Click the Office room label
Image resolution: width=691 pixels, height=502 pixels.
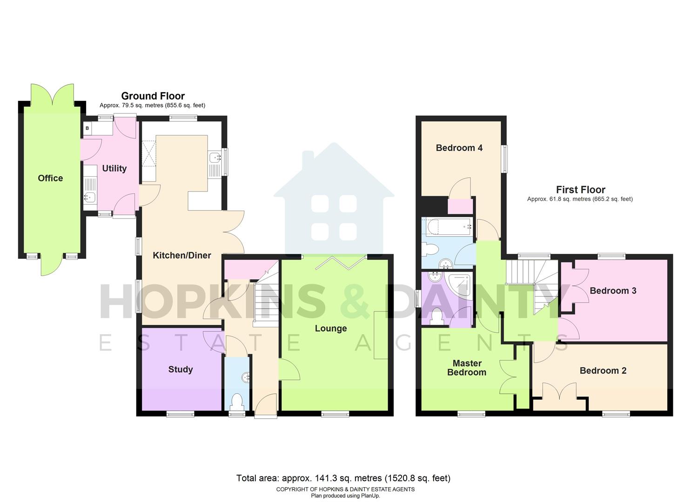tap(50, 178)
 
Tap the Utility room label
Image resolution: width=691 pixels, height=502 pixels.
tap(114, 168)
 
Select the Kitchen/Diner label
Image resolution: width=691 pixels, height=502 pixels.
tap(182, 255)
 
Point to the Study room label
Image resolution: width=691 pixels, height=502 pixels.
tap(180, 370)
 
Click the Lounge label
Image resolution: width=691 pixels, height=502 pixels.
tap(331, 329)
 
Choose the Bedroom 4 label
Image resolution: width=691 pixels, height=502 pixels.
tap(459, 148)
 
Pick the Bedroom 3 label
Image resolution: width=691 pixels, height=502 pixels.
tap(613, 291)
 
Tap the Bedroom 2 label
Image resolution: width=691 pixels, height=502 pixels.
tap(603, 371)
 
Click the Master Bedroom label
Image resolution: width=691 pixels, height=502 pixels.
tap(467, 368)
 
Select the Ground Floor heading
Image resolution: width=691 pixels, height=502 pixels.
tap(153, 96)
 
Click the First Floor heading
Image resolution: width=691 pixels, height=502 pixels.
tap(580, 190)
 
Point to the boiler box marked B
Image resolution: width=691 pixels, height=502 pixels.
tap(87, 128)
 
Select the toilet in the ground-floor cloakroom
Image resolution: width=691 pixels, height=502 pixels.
tap(237, 401)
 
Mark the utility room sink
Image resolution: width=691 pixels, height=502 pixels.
tap(89, 198)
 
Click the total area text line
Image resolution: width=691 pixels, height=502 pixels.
tap(343, 478)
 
